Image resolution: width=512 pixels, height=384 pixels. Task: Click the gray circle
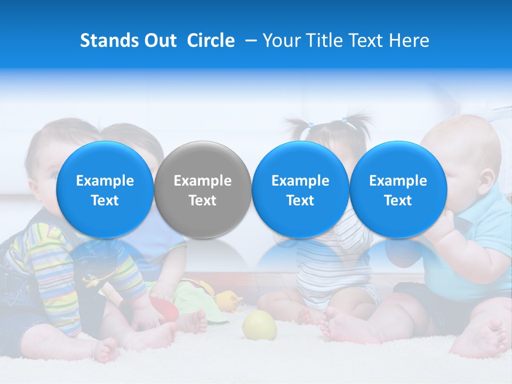pos(203,189)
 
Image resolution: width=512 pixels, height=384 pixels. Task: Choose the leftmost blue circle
pos(105,189)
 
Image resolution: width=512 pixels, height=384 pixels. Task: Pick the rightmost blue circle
pos(398,189)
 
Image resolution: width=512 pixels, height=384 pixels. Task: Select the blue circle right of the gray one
pos(300,189)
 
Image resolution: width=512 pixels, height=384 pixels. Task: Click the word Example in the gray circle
pos(203,181)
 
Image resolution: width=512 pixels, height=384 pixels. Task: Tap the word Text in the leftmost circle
pos(105,201)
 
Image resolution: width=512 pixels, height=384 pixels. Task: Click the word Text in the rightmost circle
pos(398,201)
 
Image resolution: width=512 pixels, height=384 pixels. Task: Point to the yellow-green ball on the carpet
pos(260,325)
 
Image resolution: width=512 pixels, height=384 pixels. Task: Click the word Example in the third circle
pos(300,181)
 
